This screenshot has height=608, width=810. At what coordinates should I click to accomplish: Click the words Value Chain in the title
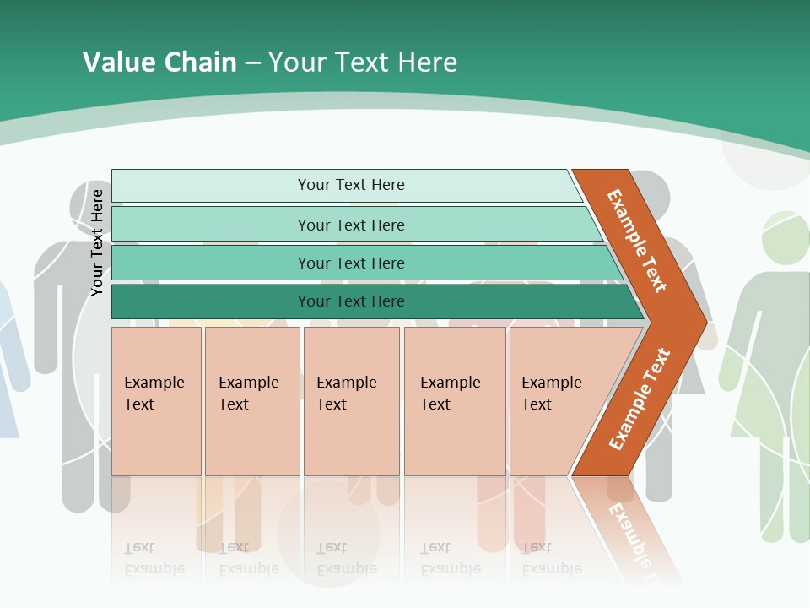coord(159,62)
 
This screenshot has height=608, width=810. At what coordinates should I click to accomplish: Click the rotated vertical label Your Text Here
coord(97,242)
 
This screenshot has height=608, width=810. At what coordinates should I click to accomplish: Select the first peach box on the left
coord(156,401)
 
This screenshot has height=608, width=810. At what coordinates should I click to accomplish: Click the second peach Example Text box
coord(251,401)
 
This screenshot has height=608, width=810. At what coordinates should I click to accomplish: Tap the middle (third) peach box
coord(351,401)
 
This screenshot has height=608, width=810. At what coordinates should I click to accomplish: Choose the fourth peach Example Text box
coord(454,401)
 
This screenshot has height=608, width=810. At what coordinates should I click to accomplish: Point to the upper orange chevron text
coord(637,241)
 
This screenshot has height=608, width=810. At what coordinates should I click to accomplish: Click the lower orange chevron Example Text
coord(640,399)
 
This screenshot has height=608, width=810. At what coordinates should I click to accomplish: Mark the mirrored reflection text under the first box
coord(154,558)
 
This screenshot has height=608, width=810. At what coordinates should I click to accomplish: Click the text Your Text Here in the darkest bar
coord(351,301)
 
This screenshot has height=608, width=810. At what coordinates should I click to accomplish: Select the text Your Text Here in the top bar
coord(351,185)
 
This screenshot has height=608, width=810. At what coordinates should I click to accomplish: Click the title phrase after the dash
coord(363,62)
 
